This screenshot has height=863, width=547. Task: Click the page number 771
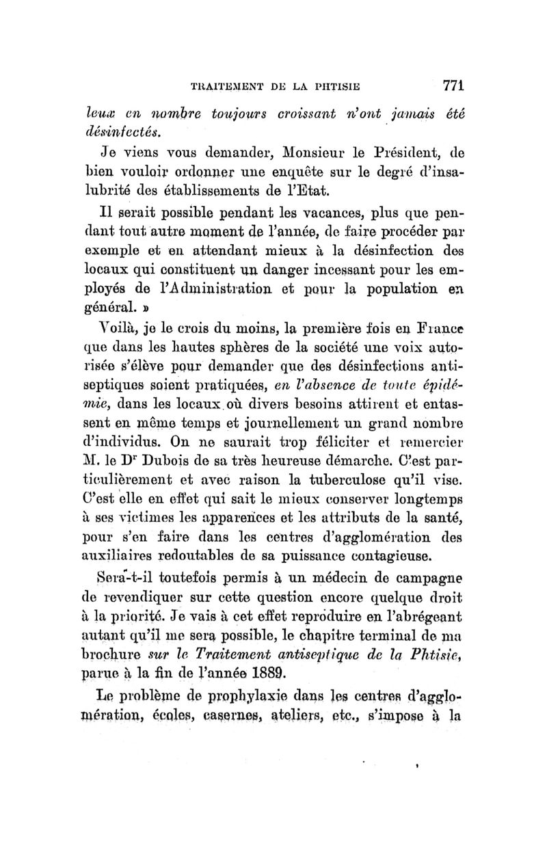click(453, 86)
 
